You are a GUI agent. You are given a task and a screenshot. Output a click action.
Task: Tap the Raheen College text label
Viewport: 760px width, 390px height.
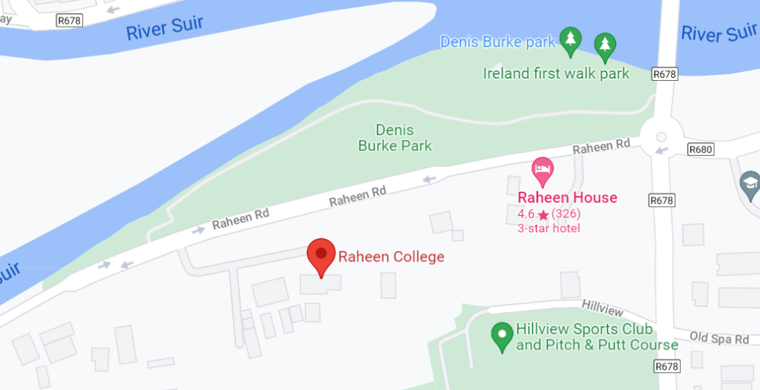(391, 257)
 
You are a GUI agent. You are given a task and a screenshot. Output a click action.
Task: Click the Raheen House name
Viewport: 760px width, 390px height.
(567, 198)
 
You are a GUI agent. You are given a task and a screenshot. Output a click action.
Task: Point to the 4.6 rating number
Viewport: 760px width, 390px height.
(525, 214)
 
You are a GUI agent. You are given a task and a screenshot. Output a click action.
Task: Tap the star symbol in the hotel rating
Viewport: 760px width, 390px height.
(543, 215)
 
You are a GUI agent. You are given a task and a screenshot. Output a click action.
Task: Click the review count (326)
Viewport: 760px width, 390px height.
(566, 214)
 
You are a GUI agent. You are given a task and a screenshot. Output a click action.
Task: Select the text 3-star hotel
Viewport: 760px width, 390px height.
(548, 228)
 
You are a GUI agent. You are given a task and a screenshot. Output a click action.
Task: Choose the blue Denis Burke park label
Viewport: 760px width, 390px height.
(497, 42)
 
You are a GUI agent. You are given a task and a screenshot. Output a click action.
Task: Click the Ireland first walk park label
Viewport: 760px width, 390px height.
(556, 73)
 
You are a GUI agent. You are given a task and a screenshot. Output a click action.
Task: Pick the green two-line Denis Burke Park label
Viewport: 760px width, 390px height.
(395, 138)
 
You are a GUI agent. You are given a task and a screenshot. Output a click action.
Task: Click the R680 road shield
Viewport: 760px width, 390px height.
(700, 149)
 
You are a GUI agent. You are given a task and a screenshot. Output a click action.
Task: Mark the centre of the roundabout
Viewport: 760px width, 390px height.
(661, 136)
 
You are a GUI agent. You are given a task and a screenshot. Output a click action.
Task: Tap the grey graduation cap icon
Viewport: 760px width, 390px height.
(750, 182)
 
